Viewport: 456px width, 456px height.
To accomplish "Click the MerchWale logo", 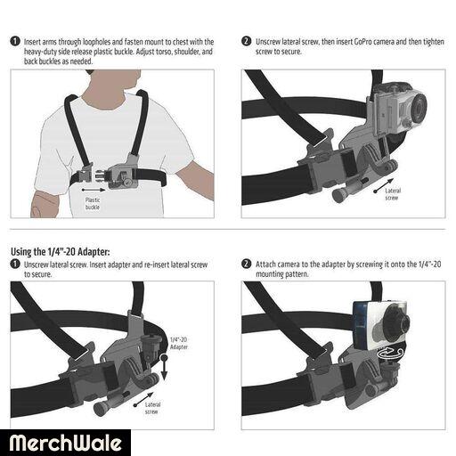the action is coord(65,443).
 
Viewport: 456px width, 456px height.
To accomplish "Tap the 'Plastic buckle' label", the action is coord(93,204).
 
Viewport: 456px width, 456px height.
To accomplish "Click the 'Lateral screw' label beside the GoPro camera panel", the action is coord(393,194).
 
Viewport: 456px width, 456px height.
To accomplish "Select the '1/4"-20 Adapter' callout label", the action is coord(179,343).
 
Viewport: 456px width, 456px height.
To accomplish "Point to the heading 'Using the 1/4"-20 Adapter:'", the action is coord(61,252).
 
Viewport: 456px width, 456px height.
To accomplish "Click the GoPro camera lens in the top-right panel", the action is coord(418,109).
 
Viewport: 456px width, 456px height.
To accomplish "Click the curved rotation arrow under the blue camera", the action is coord(390,354).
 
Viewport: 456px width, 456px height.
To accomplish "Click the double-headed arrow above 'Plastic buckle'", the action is coord(94,190).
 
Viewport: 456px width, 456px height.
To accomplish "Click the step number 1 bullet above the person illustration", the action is coord(15,41).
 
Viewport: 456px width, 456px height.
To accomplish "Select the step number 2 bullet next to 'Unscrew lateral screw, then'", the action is coord(247,41).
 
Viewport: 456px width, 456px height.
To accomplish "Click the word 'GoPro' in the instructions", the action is coord(362,42).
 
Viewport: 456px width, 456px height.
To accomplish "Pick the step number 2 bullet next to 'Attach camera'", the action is coord(247,264).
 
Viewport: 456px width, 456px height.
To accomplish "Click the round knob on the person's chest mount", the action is coord(128,182).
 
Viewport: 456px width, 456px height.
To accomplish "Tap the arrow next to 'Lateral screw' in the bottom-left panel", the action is coord(143,399).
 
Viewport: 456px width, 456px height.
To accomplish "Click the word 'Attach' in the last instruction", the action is coord(265,264).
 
